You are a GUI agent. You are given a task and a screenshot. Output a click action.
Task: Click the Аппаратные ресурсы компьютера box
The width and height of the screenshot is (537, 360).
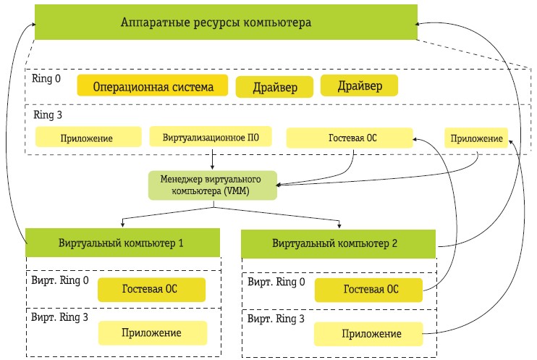tap(226, 22)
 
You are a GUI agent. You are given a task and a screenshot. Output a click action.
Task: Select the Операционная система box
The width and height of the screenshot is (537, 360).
tap(152, 87)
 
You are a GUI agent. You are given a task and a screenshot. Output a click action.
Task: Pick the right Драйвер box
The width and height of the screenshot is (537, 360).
tap(360, 86)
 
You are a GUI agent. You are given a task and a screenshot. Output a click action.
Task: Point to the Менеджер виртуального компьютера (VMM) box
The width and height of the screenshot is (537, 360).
tap(213, 186)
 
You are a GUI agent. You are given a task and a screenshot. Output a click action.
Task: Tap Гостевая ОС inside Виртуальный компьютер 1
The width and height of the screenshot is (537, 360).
tap(151, 288)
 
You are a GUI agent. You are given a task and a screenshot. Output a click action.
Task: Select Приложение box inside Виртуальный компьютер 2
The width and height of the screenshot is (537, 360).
tap(368, 334)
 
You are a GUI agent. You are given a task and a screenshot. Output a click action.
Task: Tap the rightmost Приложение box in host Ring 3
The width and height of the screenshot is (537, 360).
tap(475, 138)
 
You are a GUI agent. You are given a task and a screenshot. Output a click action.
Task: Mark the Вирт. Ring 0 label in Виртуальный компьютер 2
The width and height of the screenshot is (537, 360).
tap(276, 281)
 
